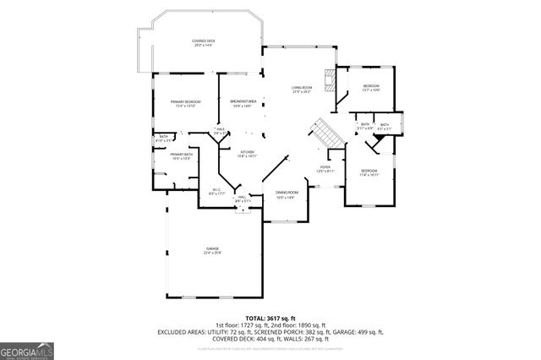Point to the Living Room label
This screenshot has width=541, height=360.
(x=303, y=90)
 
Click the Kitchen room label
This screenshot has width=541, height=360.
(x=246, y=154)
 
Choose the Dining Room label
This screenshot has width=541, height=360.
(x=285, y=195)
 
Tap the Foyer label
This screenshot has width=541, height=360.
(x=325, y=169)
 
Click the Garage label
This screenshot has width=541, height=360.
(x=210, y=250)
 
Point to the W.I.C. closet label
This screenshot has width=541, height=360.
(x=216, y=192)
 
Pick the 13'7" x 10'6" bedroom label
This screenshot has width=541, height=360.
(x=371, y=88)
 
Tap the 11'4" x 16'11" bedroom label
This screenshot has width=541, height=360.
(x=369, y=173)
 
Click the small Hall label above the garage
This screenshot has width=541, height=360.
(x=243, y=199)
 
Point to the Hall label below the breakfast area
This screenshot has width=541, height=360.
(x=220, y=131)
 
